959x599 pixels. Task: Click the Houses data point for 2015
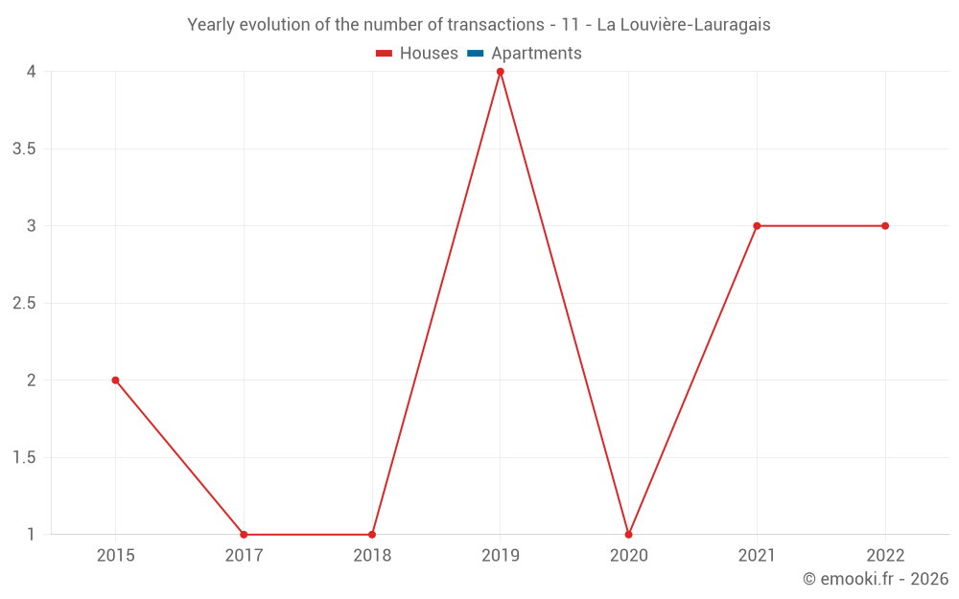[115, 380]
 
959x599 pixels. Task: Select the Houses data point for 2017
[244, 535]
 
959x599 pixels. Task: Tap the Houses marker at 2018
[372, 535]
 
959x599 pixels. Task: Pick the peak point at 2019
[500, 72]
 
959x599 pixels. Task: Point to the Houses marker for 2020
[628, 535]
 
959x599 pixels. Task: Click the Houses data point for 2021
[757, 226]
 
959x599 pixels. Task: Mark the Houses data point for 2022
[885, 226]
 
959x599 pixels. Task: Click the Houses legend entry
[417, 54]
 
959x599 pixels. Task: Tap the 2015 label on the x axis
[115, 556]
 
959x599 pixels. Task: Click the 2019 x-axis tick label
[500, 556]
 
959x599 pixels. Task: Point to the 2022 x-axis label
[885, 556]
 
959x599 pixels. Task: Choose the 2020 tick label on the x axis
[628, 556]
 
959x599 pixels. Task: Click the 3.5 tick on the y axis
[24, 149]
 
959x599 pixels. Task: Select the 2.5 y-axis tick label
[24, 304]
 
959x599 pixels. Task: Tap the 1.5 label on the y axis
[24, 458]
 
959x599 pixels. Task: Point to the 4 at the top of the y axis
[32, 72]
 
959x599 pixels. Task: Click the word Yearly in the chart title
[210, 25]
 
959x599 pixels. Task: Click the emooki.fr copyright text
[876, 579]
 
